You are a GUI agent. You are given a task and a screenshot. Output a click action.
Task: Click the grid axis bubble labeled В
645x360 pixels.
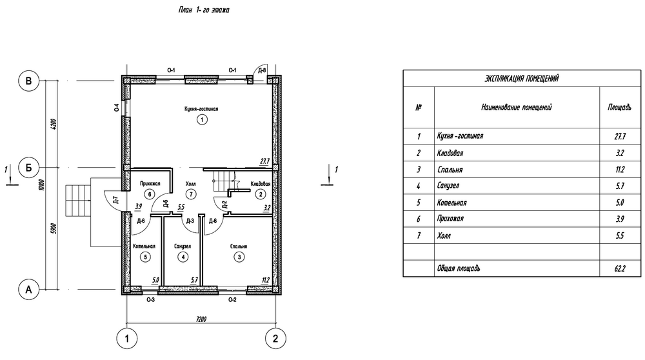[x=28, y=81]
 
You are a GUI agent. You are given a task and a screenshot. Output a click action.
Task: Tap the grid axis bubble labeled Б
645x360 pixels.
[x=28, y=168]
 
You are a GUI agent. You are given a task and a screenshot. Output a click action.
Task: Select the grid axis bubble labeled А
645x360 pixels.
[x=28, y=290]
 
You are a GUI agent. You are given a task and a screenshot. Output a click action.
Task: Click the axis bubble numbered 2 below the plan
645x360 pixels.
[x=275, y=339]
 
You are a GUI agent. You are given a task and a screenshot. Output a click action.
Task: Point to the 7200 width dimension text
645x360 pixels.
[x=201, y=319]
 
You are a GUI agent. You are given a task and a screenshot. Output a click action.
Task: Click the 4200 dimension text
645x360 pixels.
[x=54, y=125]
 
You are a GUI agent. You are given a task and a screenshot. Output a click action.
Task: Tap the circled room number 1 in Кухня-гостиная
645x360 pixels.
[x=201, y=120]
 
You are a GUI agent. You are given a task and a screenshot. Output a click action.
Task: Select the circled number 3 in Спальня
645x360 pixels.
[x=239, y=257]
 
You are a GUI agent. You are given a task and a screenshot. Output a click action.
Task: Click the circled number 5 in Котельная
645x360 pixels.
[x=144, y=257]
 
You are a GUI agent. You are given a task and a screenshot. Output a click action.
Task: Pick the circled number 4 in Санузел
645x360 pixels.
[x=183, y=257]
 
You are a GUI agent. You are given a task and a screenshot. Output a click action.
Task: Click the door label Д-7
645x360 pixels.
[x=115, y=201]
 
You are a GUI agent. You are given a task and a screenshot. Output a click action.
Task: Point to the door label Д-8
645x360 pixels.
[x=262, y=70]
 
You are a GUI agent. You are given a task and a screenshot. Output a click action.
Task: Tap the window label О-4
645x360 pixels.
[x=117, y=108]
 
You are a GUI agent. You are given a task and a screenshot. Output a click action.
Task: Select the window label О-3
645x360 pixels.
[x=150, y=300]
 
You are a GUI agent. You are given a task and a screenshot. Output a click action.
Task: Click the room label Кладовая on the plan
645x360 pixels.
[x=261, y=184]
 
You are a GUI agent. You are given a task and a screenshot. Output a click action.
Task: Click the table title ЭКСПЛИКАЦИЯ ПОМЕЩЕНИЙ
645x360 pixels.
[x=522, y=79]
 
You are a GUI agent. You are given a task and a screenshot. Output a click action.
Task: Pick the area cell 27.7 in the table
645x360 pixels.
[x=620, y=136]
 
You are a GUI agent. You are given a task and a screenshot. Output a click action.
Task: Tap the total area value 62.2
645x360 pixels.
[x=620, y=268]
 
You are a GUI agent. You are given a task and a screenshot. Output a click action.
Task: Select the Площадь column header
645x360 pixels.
[x=619, y=107]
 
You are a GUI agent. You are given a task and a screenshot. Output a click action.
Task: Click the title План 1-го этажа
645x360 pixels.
[x=204, y=10]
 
